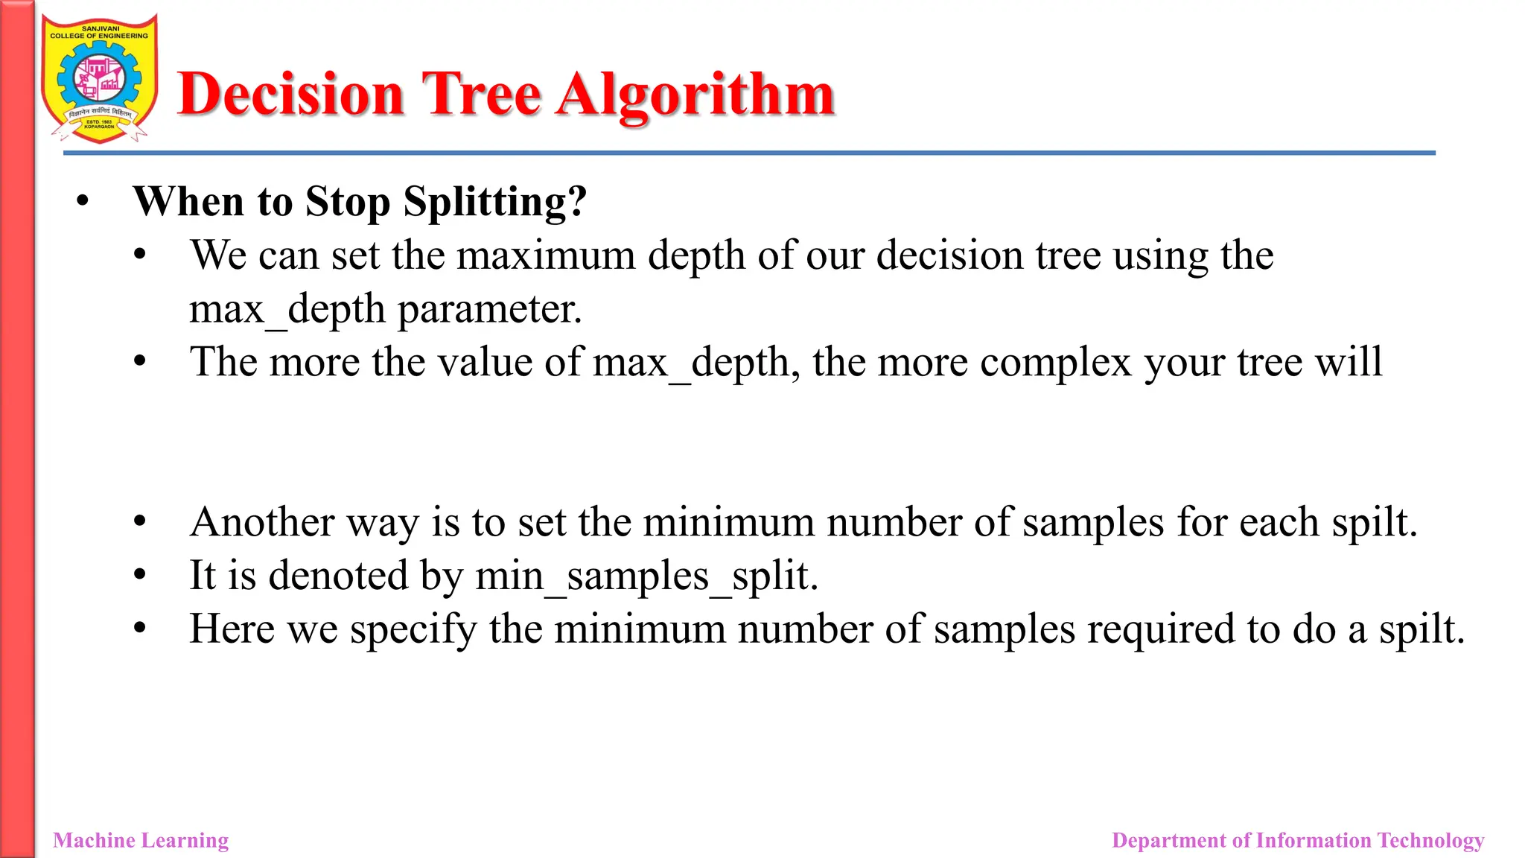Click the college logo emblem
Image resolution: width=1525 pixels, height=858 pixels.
pyautogui.click(x=99, y=79)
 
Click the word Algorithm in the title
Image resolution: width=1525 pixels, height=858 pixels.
pyautogui.click(x=695, y=95)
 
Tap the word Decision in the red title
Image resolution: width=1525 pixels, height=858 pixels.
pyautogui.click(x=291, y=95)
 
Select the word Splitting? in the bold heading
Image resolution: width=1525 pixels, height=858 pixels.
pyautogui.click(x=494, y=202)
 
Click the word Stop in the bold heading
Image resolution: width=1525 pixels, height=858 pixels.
pyautogui.click(x=348, y=202)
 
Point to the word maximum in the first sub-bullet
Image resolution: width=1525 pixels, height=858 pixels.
pyautogui.click(x=546, y=255)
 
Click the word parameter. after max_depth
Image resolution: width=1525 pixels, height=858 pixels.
pyautogui.click(x=489, y=309)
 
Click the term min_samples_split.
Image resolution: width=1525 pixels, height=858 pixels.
pyautogui.click(x=646, y=576)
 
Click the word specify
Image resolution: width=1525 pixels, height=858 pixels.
pyautogui.click(x=413, y=629)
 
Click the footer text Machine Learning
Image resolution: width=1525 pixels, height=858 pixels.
pyautogui.click(x=141, y=840)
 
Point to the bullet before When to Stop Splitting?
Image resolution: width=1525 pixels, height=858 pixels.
pyautogui.click(x=83, y=201)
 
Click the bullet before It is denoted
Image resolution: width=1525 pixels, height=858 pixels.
pyautogui.click(x=139, y=575)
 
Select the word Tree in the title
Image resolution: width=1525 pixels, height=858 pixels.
pyautogui.click(x=481, y=95)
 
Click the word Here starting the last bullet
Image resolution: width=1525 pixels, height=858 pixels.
pyautogui.click(x=232, y=629)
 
